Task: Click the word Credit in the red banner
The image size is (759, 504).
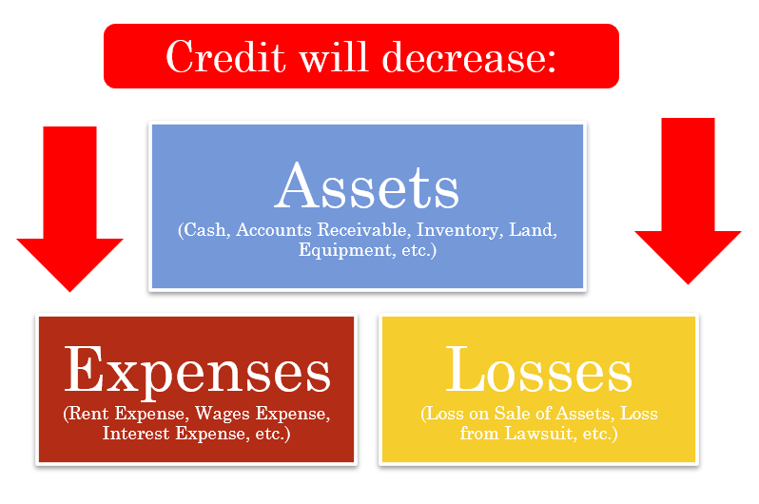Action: [x=225, y=57]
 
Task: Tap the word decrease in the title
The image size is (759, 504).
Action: [x=463, y=57]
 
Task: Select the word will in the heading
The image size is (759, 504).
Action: [x=334, y=57]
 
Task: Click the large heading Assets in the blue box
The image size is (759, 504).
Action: [x=367, y=186]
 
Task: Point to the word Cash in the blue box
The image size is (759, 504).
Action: [x=204, y=230]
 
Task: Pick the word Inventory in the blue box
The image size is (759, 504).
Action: [x=457, y=230]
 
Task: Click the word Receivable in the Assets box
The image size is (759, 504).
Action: [x=364, y=229]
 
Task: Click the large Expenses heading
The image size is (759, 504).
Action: [x=198, y=370]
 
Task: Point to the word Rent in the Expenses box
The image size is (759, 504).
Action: [x=88, y=414]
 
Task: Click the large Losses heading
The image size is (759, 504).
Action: [x=538, y=369]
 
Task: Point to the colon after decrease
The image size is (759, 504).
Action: [x=552, y=63]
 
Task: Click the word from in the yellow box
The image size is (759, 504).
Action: [x=479, y=433]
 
